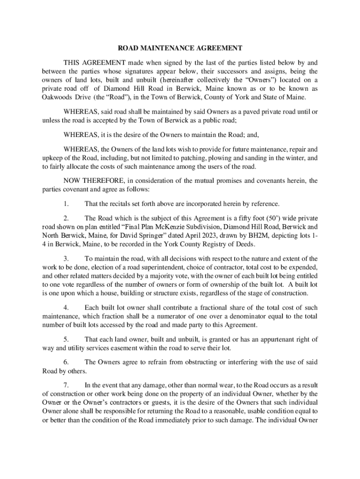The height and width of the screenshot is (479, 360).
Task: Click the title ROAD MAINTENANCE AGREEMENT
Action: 180,48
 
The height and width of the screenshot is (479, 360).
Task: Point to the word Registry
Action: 222,244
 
